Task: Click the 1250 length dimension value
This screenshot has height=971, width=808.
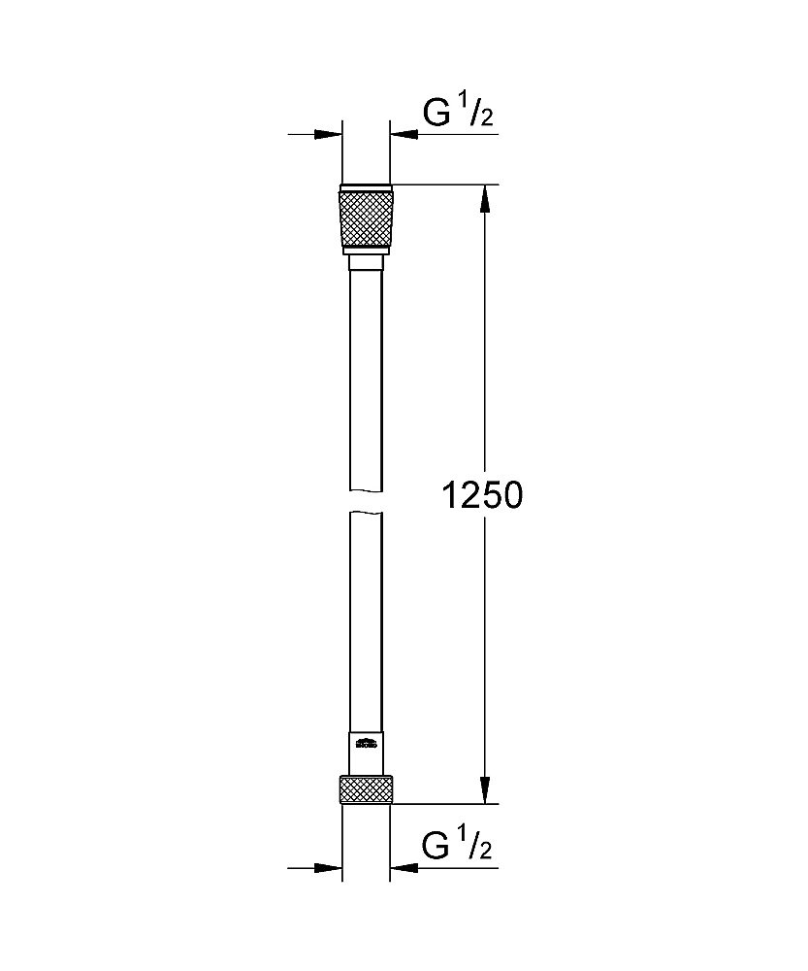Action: [x=482, y=495]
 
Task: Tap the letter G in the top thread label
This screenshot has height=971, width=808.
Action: [x=436, y=115]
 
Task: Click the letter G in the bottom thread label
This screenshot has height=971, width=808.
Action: [x=436, y=847]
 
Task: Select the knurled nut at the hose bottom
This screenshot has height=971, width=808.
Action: [x=366, y=788]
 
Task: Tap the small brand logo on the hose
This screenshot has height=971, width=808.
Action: [x=366, y=746]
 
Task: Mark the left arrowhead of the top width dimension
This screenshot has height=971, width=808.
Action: [x=330, y=134]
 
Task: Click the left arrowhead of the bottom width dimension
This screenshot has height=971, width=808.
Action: [x=330, y=867]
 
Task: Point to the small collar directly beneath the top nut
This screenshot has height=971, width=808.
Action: [x=366, y=262]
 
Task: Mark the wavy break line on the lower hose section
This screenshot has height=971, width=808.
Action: [x=366, y=515]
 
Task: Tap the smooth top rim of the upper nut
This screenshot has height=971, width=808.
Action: [x=366, y=187]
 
